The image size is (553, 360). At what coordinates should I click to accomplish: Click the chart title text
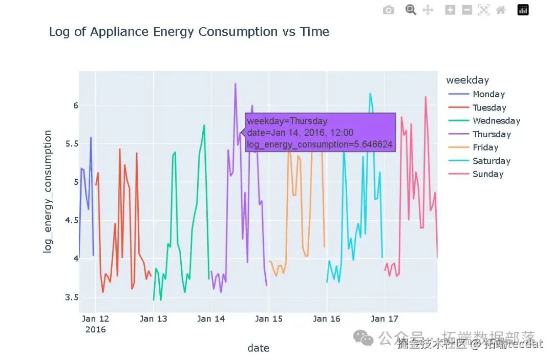click(x=189, y=32)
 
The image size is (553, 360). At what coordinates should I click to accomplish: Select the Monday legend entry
click(x=488, y=94)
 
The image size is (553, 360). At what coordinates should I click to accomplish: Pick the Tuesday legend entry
click(x=489, y=108)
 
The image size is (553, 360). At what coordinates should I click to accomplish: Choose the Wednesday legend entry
click(x=496, y=121)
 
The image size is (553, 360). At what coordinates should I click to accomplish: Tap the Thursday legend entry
click(x=492, y=134)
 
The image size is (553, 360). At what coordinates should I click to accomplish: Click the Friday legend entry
click(x=485, y=147)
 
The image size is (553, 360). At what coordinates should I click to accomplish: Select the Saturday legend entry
click(x=492, y=161)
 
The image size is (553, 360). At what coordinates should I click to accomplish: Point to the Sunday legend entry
click(x=488, y=174)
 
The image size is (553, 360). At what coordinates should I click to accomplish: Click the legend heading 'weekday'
click(x=467, y=80)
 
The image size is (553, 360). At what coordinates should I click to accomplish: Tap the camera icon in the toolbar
click(x=389, y=10)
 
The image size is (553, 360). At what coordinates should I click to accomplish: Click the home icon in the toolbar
click(x=501, y=10)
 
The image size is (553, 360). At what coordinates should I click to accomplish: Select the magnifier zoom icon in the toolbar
click(x=411, y=10)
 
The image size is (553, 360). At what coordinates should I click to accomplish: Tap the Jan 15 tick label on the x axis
click(x=269, y=319)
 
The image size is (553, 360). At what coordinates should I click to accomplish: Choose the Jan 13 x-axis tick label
click(x=154, y=319)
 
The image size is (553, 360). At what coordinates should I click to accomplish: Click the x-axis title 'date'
click(x=258, y=348)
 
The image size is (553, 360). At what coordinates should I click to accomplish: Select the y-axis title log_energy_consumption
click(x=48, y=191)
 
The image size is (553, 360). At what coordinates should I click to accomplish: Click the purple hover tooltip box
click(x=320, y=133)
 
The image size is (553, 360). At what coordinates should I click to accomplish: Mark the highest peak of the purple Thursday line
click(x=236, y=83)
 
